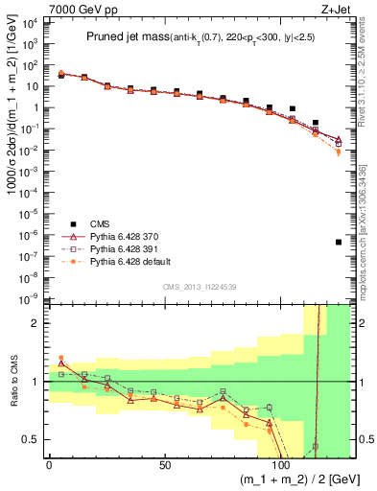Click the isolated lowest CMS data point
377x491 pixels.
point(339,242)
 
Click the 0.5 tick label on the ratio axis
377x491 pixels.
point(32,439)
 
